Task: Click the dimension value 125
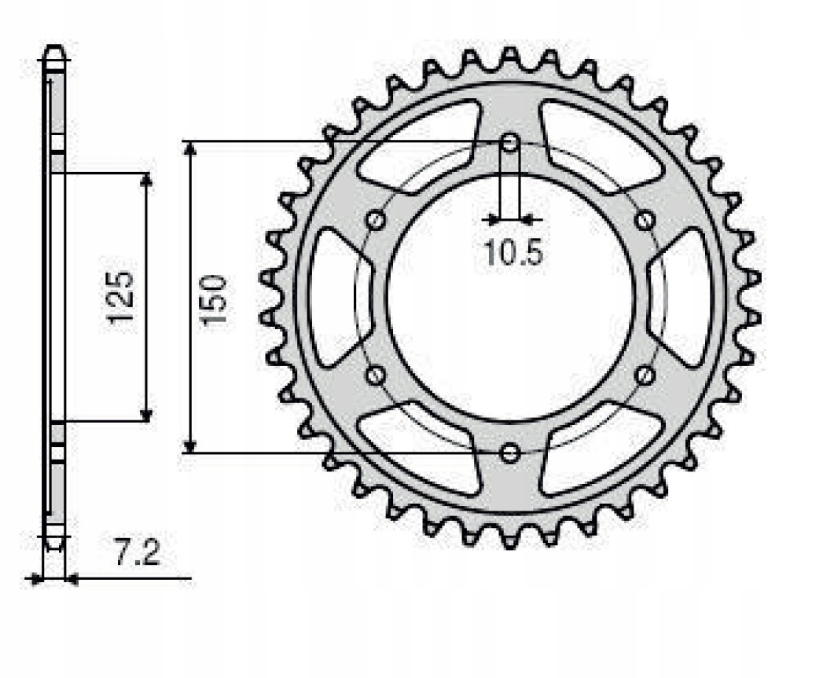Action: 122,297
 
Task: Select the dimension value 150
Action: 214,299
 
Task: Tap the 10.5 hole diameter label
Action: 513,253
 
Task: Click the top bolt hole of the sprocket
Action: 510,143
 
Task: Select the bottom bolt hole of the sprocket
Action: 510,453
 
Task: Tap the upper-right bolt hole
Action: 645,220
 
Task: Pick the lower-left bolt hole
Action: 376,375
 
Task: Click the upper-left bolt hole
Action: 376,220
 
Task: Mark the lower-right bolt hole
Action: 645,375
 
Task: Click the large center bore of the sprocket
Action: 510,298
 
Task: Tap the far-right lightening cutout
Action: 685,297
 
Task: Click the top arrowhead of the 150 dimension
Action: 189,149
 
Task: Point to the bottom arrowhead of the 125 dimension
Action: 145,415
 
